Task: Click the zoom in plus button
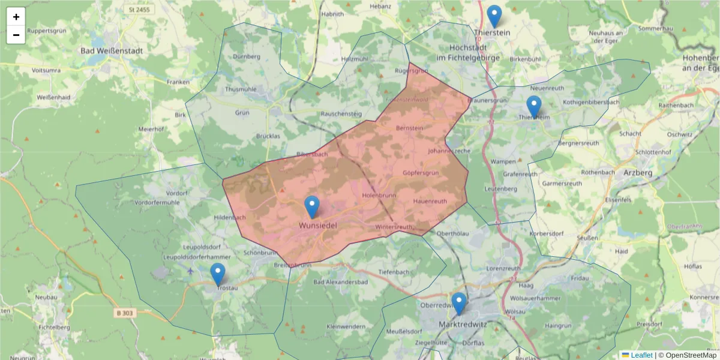pos(16,17)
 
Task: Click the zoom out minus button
pos(16,35)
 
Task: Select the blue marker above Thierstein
pos(494,16)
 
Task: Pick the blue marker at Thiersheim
pos(533,107)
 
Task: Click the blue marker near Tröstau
pos(218,274)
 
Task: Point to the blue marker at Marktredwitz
pos(459,304)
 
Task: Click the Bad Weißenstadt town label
pos(112,51)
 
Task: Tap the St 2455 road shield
pos(139,10)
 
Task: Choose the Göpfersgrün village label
pos(421,173)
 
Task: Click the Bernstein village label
pos(410,128)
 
